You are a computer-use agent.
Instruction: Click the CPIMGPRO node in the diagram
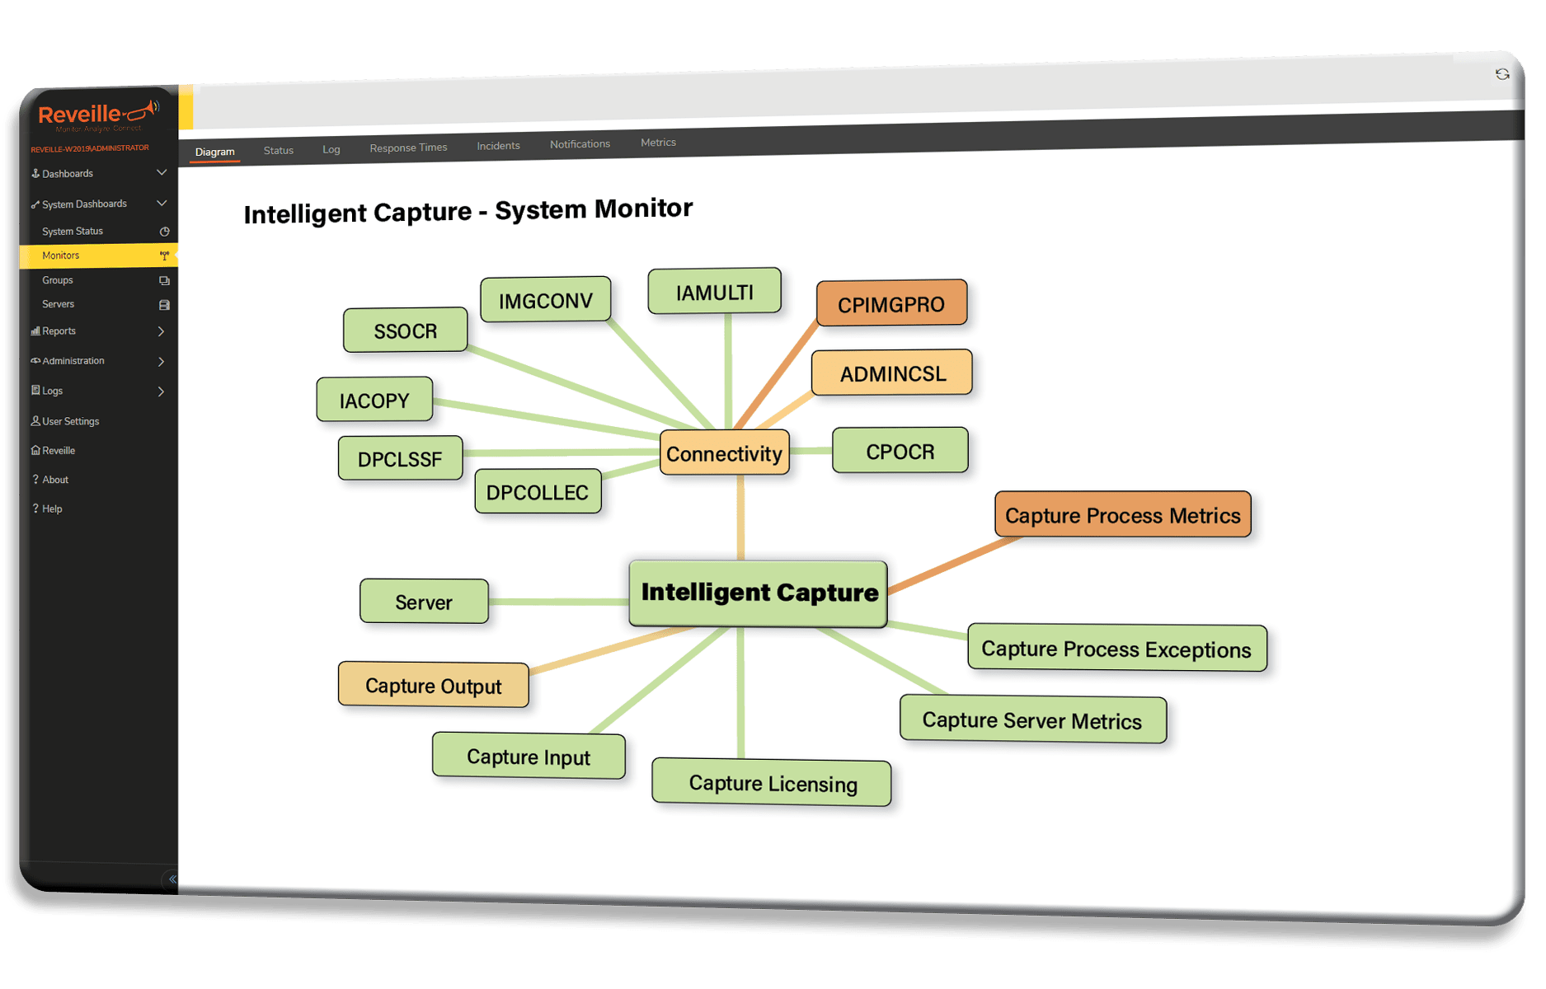click(891, 304)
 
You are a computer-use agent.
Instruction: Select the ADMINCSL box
click(892, 373)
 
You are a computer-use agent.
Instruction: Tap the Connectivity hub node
click(724, 453)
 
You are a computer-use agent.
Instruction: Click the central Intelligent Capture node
click(759, 593)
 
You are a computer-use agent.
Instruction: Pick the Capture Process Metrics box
click(1122, 515)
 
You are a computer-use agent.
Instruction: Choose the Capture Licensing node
click(772, 782)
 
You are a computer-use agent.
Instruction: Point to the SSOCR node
click(405, 330)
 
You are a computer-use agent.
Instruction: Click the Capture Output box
click(433, 685)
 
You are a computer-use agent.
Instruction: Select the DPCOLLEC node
click(538, 492)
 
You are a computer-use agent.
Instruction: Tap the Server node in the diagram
click(424, 602)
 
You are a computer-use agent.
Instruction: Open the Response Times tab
click(408, 148)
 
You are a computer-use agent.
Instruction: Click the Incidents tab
click(498, 146)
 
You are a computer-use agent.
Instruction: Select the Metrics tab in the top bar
click(658, 143)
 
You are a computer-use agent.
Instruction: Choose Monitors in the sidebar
click(61, 255)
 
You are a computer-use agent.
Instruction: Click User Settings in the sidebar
click(70, 421)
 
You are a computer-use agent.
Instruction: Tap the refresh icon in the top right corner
click(1502, 74)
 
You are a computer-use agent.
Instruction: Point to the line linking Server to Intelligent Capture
click(558, 602)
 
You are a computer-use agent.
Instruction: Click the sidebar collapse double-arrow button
click(172, 879)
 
